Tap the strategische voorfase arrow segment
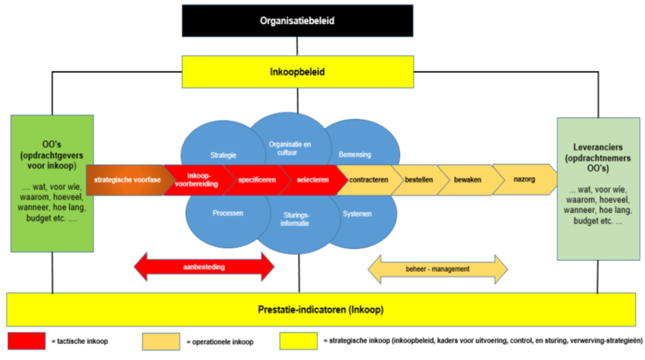pyautogui.click(x=127, y=179)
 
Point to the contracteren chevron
pyautogui.click(x=367, y=179)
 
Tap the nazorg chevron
pyautogui.click(x=524, y=179)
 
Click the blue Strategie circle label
pyautogui.click(x=223, y=154)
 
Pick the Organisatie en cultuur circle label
pyautogui.click(x=289, y=147)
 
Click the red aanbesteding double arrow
pyautogui.click(x=205, y=267)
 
